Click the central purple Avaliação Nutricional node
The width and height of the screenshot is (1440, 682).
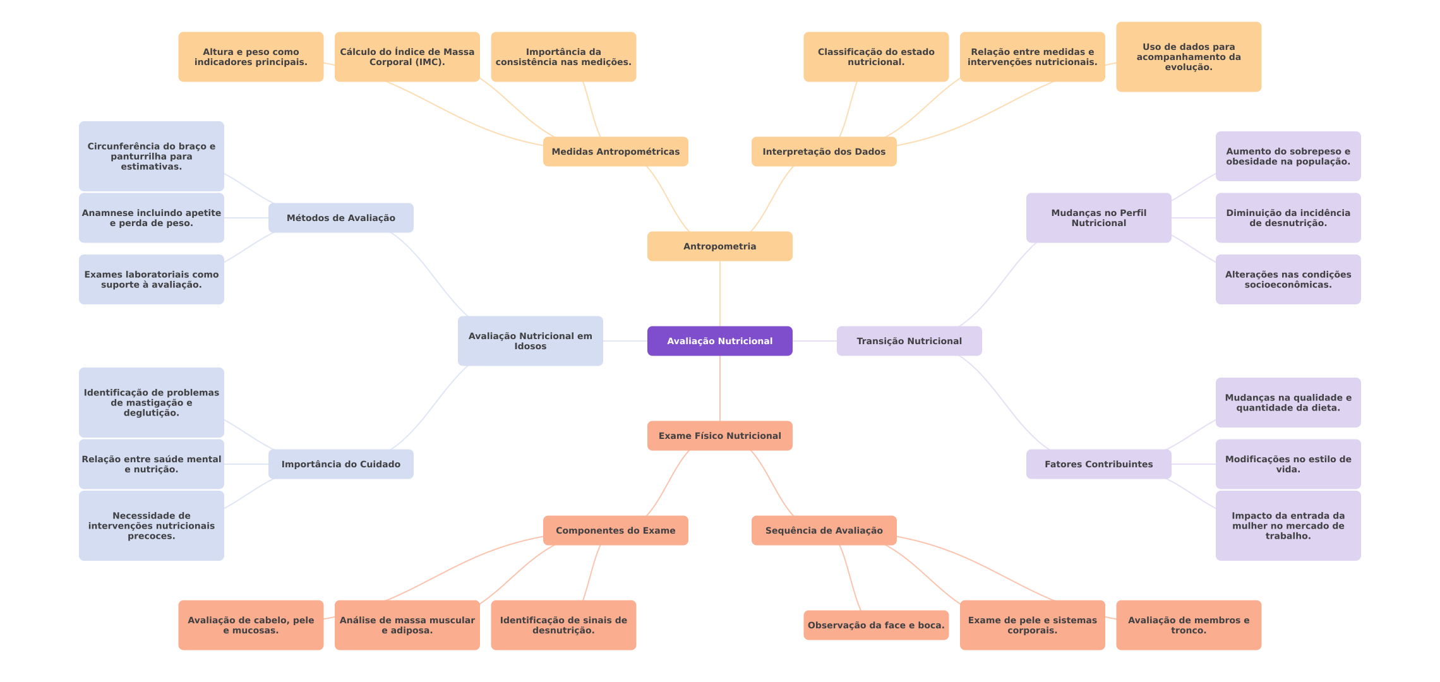[x=719, y=341]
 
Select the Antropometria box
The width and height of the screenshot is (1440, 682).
[x=719, y=246]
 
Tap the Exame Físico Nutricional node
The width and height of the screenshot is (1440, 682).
[x=719, y=436]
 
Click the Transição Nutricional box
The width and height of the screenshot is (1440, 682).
[x=909, y=341]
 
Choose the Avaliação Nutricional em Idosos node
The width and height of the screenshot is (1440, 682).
[x=530, y=341]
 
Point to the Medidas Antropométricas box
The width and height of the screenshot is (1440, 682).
[x=615, y=152]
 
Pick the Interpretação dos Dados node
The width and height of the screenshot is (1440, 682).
[x=824, y=152]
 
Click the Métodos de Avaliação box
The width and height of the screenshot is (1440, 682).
[x=340, y=218]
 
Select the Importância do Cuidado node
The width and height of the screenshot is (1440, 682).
[x=340, y=464]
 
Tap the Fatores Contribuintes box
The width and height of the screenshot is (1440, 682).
[x=1098, y=464]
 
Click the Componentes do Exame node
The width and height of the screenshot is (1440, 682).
[x=615, y=530]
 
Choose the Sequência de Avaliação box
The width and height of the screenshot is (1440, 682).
[x=824, y=530]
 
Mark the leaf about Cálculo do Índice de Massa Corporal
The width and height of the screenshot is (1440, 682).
[x=407, y=57]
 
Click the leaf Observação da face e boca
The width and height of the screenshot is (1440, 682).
[x=876, y=625]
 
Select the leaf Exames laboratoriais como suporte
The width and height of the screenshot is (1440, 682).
[x=151, y=279]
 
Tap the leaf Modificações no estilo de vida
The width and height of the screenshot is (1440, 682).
[x=1288, y=464]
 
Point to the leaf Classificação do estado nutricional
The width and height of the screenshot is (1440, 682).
[x=876, y=57]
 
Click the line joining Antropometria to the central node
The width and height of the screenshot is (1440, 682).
[x=720, y=294]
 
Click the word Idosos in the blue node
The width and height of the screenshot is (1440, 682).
[x=530, y=347]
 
